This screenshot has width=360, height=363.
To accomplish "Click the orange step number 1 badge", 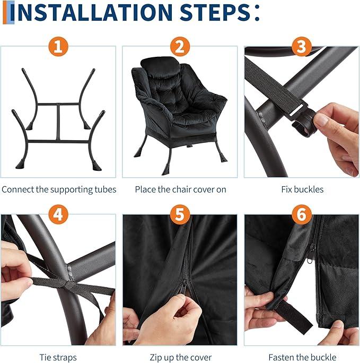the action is [58, 47].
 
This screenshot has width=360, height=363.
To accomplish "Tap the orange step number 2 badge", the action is [180, 47].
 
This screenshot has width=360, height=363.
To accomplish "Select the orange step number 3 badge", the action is [302, 47].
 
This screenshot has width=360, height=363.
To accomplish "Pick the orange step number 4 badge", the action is [58, 214].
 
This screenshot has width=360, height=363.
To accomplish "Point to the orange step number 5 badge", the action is [180, 214].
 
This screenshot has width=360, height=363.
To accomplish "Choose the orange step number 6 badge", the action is [302, 214].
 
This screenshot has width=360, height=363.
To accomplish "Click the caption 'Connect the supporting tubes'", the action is [59, 189].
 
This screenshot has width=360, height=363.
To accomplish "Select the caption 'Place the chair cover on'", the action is [180, 189].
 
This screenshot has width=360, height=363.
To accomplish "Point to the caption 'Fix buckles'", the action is [302, 189].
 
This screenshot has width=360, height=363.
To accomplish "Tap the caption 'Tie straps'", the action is [58, 358].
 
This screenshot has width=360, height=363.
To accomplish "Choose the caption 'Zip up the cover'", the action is [180, 358].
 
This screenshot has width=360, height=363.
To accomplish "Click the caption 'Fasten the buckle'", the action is [302, 357].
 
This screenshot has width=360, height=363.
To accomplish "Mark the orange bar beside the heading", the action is [5, 12].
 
